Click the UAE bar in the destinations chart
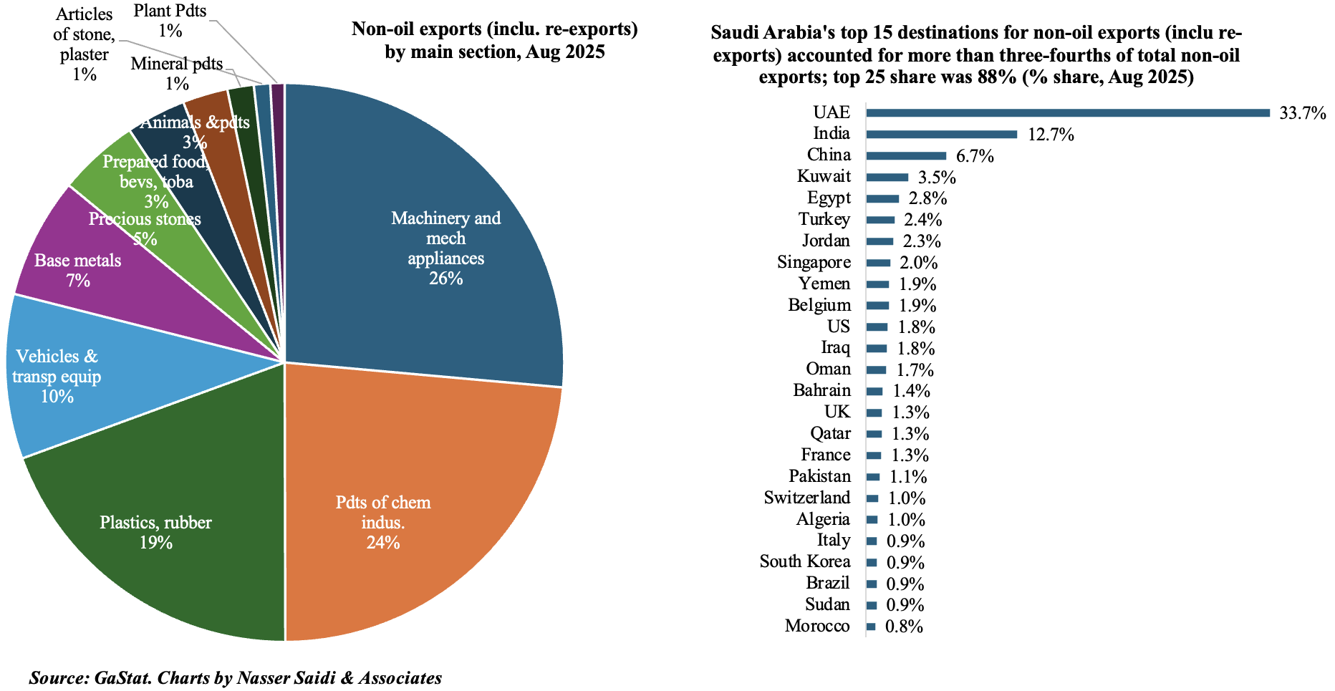(1067, 112)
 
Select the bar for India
(941, 134)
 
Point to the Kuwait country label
(824, 176)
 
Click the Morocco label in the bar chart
(817, 626)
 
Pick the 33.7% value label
(1303, 113)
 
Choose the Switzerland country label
(807, 498)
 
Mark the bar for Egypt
(882, 198)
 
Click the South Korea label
(805, 561)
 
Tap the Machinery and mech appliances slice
(430, 215)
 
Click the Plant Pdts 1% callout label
(170, 21)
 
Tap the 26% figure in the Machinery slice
(445, 279)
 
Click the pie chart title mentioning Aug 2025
(494, 41)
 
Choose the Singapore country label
(814, 262)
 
